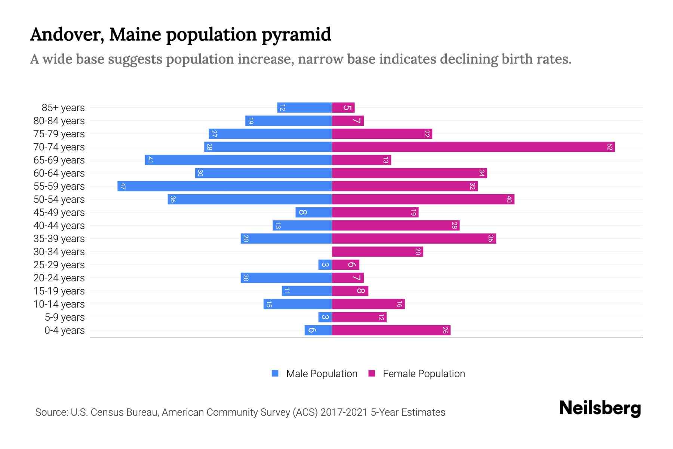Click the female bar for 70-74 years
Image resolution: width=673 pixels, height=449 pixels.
[473, 147]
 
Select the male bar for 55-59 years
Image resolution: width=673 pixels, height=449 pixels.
[224, 186]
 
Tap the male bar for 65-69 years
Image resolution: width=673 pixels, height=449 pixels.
[238, 160]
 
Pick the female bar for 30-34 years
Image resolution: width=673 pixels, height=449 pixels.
[377, 251]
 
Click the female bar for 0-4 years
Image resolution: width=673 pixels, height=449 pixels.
[391, 330]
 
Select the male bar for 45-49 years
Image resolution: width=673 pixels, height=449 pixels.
[313, 212]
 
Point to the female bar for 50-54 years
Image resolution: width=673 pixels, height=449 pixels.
[423, 199]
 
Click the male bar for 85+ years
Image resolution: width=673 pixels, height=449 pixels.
[304, 107]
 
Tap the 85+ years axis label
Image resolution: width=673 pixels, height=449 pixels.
[63, 108]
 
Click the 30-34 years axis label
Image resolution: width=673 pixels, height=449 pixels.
[59, 252]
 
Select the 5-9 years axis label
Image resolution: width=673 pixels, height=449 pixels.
[65, 317]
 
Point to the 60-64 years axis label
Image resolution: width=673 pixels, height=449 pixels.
[59, 173]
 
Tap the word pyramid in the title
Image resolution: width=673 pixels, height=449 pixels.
[296, 34]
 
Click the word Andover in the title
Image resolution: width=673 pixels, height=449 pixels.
[67, 34]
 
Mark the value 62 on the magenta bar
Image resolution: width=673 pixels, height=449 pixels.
[609, 147]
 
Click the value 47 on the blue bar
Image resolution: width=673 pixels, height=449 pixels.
[123, 186]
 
